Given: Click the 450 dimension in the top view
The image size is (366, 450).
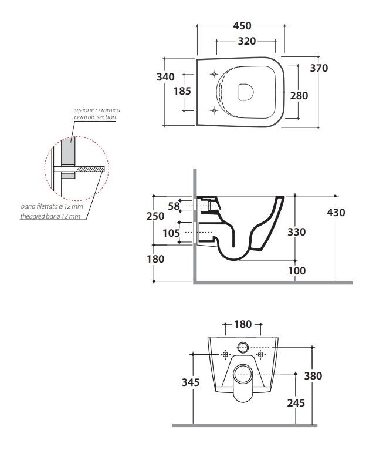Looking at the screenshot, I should pos(242,26).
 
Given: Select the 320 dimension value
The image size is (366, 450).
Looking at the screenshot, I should pos(246,41).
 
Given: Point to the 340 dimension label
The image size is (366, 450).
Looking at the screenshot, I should pos(168,76).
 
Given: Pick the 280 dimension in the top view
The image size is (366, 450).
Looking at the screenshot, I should pos(299,96).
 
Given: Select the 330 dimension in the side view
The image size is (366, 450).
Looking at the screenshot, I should pos(297,232).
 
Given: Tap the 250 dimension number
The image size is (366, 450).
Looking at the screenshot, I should pos(155,216).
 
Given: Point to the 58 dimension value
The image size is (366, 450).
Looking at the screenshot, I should pos(174,206).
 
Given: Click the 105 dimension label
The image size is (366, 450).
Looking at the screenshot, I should pos(171,233).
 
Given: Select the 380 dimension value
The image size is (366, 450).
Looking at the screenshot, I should pos(313,376).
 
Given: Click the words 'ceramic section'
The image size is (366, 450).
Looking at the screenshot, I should pos(94,117).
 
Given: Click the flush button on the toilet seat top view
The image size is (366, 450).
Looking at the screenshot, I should pos(245,92).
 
